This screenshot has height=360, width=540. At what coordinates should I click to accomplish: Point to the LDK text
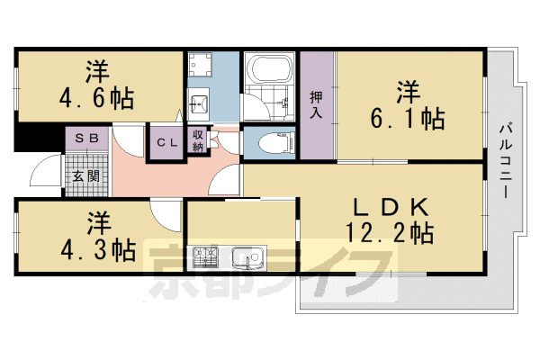pyautogui.click(x=391, y=206)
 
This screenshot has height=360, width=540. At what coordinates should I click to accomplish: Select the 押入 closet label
pyautogui.click(x=316, y=105)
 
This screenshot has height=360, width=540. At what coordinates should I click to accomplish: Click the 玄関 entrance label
pyautogui.click(x=86, y=175)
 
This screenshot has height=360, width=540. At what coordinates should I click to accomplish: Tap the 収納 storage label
pyautogui.click(x=198, y=140)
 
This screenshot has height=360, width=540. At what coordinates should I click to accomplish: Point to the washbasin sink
pyautogui.click(x=200, y=101)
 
